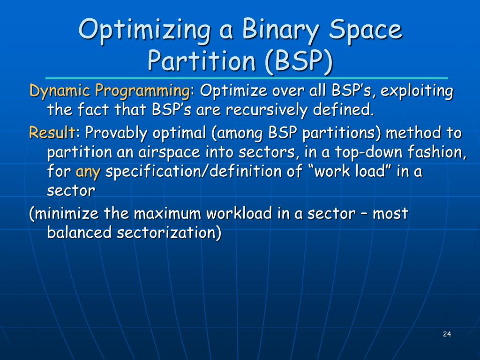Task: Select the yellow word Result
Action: click(51, 133)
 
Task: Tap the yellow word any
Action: click(88, 172)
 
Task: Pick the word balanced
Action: click(78, 233)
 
